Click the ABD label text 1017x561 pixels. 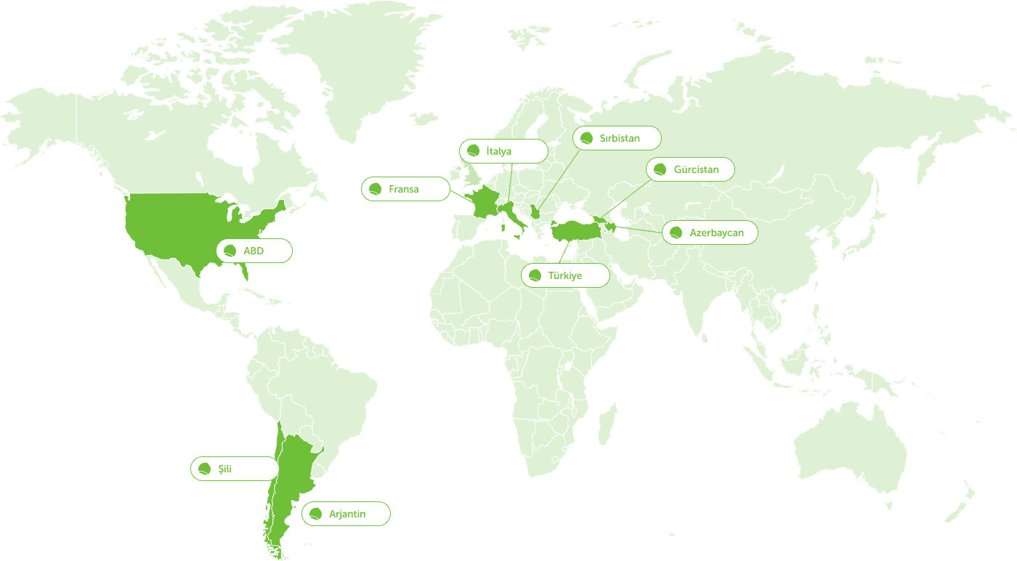point(254,251)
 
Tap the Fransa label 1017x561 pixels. point(404,189)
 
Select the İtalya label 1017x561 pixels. point(499,151)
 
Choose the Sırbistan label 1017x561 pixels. point(620,138)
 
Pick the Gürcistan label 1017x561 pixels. point(696,169)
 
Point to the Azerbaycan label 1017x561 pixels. point(716,233)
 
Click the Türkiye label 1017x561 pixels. point(565,275)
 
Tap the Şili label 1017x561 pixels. point(225,469)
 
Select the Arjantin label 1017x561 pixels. point(347,514)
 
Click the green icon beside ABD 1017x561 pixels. point(230,251)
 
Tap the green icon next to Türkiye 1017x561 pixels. point(535,276)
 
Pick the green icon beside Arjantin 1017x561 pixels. point(315,514)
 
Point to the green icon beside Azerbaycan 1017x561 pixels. point(676,233)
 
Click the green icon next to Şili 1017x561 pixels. point(205,469)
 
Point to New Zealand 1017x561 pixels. point(963,501)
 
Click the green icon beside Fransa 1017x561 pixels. point(376,190)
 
